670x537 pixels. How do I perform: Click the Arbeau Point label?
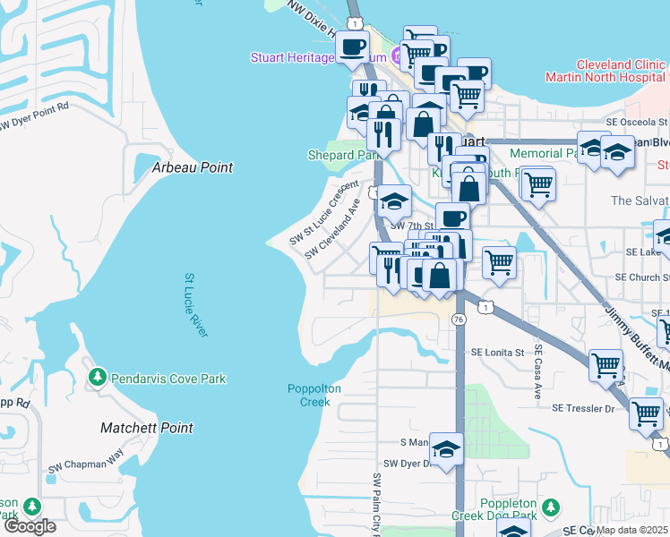pos(192,167)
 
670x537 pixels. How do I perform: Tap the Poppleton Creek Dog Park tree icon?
pos(553,507)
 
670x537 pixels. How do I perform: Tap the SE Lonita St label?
pos(497,353)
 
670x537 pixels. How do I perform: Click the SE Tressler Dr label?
pos(583,408)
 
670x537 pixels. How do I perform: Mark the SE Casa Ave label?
pos(539,371)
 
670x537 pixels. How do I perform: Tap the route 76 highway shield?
pos(459,320)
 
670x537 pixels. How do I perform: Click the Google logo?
pos(30,526)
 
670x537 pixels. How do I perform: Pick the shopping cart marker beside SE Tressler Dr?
pos(645,413)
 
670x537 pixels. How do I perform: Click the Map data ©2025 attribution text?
pos(632,530)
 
